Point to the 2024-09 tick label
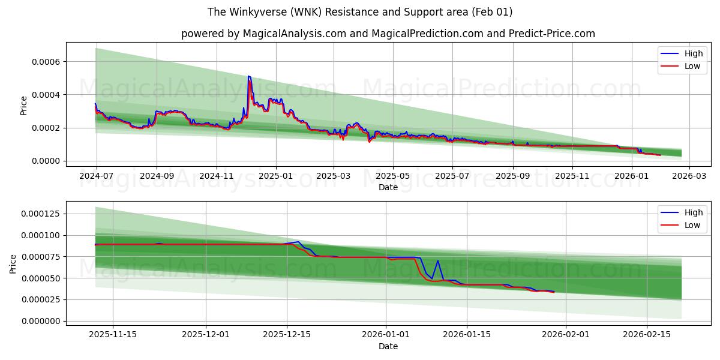coord(157,176)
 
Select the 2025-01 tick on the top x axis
coord(276,176)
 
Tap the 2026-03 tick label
coord(689,176)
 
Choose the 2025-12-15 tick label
coord(287,334)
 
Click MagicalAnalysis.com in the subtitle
coord(294,34)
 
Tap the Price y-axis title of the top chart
coord(24,106)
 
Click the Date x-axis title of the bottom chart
coord(388,346)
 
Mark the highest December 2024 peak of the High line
coord(248,76)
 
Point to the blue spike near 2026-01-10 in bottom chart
coord(438,260)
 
